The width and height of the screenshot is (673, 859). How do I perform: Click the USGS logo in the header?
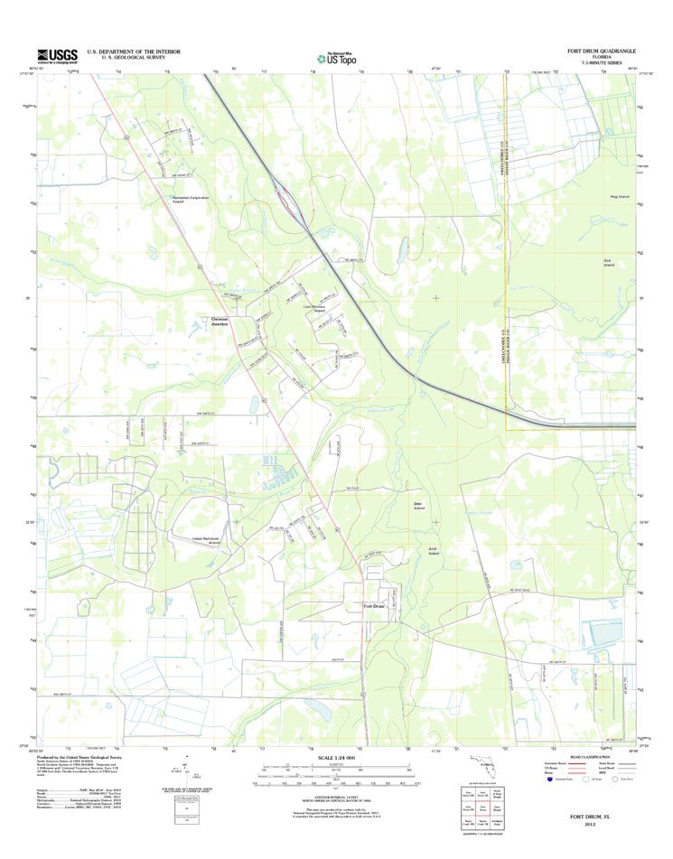click(57, 55)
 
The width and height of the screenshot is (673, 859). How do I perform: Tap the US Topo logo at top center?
click(336, 57)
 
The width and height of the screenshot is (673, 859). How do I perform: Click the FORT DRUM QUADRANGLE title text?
click(602, 51)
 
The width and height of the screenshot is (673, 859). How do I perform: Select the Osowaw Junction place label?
click(220, 322)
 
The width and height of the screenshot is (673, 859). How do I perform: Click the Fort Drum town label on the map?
click(374, 606)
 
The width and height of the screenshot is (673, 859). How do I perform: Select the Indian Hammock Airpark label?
click(206, 541)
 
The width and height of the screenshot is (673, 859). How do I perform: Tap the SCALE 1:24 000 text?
click(336, 757)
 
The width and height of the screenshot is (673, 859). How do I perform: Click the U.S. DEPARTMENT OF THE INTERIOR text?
click(134, 51)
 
